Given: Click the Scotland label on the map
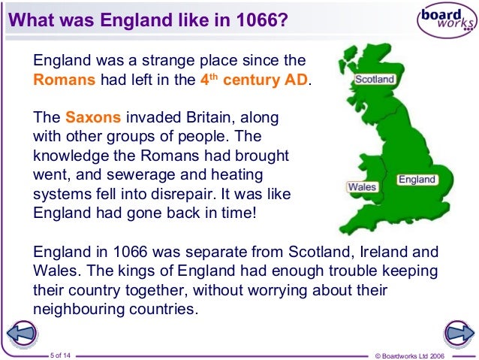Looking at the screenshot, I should pos(375,78).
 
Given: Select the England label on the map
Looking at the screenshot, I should pos(416,180).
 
